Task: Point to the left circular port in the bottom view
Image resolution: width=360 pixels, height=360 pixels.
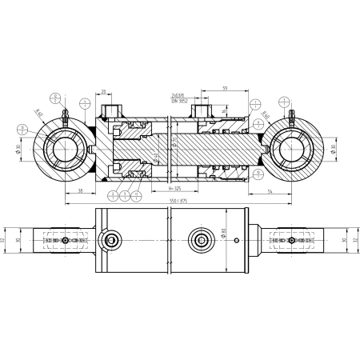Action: click(x=110, y=241)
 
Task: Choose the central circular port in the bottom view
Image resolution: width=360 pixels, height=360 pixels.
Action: click(x=197, y=239)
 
